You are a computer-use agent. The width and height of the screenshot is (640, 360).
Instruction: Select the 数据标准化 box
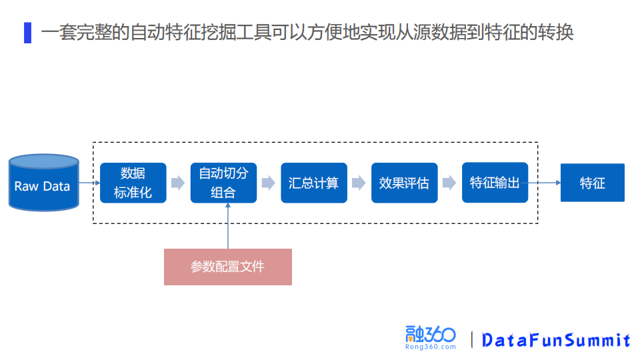(133, 183)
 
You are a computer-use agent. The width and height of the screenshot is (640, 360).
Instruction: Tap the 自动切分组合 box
(223, 183)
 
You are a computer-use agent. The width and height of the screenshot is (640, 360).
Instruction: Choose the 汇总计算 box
(314, 183)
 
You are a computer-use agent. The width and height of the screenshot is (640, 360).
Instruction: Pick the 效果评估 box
(404, 183)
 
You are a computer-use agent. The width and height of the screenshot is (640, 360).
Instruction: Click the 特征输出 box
(495, 183)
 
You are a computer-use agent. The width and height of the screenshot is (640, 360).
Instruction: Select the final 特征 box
(592, 183)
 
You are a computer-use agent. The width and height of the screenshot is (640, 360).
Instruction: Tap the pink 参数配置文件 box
(228, 267)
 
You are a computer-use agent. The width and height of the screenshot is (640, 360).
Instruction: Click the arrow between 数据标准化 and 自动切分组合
(178, 183)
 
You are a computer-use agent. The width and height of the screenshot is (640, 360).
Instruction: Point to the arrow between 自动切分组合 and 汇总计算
(269, 183)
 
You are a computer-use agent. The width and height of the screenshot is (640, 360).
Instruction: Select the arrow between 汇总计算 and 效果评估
(359, 183)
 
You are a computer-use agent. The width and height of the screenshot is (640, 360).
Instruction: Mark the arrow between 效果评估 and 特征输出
(449, 183)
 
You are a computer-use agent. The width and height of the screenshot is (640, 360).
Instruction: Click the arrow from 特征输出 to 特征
(544, 183)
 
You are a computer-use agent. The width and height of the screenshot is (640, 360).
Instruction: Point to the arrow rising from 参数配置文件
(228, 227)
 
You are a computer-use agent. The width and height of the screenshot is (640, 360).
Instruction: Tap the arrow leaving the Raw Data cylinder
(89, 183)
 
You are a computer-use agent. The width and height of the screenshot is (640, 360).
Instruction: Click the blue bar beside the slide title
(27, 33)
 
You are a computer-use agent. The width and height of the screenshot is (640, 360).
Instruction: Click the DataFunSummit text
(555, 340)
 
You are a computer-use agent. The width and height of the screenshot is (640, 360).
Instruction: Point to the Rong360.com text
(431, 347)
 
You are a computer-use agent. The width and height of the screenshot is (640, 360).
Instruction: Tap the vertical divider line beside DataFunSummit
(472, 339)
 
